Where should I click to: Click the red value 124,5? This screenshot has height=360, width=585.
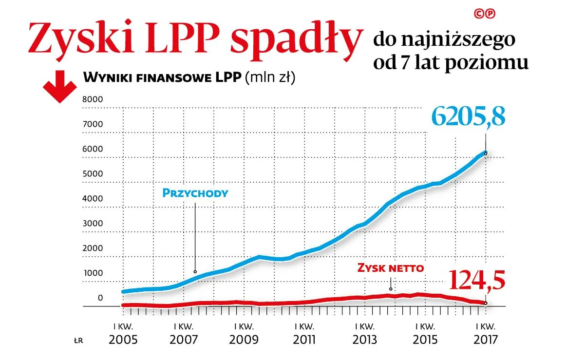(476, 280)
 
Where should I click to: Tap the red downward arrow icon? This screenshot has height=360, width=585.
(59, 87)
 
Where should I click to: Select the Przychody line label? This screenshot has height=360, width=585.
(195, 193)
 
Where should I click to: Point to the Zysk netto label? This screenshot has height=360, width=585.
(391, 267)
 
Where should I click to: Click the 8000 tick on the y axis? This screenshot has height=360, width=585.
(93, 99)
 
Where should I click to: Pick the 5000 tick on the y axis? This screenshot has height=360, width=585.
(93, 174)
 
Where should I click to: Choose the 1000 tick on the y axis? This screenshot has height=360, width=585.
(93, 273)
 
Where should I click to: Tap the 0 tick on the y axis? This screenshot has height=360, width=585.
(100, 298)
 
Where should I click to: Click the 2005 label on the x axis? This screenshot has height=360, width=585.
(123, 340)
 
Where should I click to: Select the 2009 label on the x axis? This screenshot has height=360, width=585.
(243, 340)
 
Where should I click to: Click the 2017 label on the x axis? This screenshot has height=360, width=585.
(485, 340)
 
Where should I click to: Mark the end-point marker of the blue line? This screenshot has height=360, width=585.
(486, 153)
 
